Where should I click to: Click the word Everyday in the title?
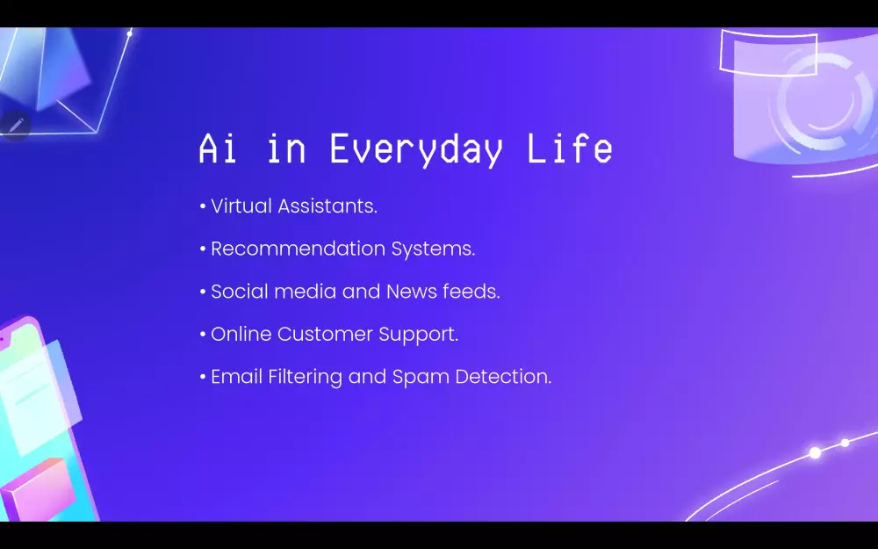(x=416, y=149)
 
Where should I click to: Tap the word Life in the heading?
(x=570, y=148)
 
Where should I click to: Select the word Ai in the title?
(x=217, y=148)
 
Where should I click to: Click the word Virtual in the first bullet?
(x=241, y=206)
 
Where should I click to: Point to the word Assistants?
(x=327, y=206)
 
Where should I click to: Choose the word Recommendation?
(x=298, y=249)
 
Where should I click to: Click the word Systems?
(x=433, y=249)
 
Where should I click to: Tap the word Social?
(x=240, y=291)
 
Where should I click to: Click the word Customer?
(x=326, y=333)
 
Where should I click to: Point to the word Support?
(x=418, y=335)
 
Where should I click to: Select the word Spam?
(x=421, y=378)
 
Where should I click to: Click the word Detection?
(x=503, y=376)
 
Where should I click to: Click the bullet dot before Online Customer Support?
(x=203, y=334)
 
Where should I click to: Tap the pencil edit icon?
(x=16, y=125)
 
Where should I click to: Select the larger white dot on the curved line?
(x=816, y=452)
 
